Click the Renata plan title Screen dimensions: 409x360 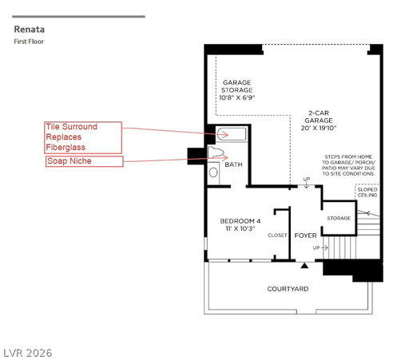coord(30,30)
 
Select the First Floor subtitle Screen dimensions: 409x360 coord(29,42)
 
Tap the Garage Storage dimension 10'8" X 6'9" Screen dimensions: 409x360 coord(236,97)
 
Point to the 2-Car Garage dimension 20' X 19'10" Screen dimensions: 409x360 coord(319,128)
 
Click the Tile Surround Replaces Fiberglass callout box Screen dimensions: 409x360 coord(83,137)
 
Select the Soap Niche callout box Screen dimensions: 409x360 coord(85,161)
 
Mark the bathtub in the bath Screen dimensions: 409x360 coord(231,134)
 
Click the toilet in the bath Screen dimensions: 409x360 coord(215,152)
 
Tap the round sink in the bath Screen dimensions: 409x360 coord(213,172)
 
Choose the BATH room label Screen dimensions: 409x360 coord(233,164)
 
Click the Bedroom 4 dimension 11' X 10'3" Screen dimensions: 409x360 coord(240,228)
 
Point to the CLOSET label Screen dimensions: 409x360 coord(277,235)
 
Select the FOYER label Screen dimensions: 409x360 coord(305,235)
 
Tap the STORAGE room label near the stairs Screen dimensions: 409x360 coord(339,218)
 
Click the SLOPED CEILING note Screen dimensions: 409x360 coord(367,192)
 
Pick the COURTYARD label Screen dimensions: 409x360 coord(288,289)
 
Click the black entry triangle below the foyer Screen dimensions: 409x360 coord(304,266)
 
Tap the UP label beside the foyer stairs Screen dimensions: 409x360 coord(316,247)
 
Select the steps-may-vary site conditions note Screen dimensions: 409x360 coord(348,165)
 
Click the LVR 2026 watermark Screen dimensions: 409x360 coord(28,353)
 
